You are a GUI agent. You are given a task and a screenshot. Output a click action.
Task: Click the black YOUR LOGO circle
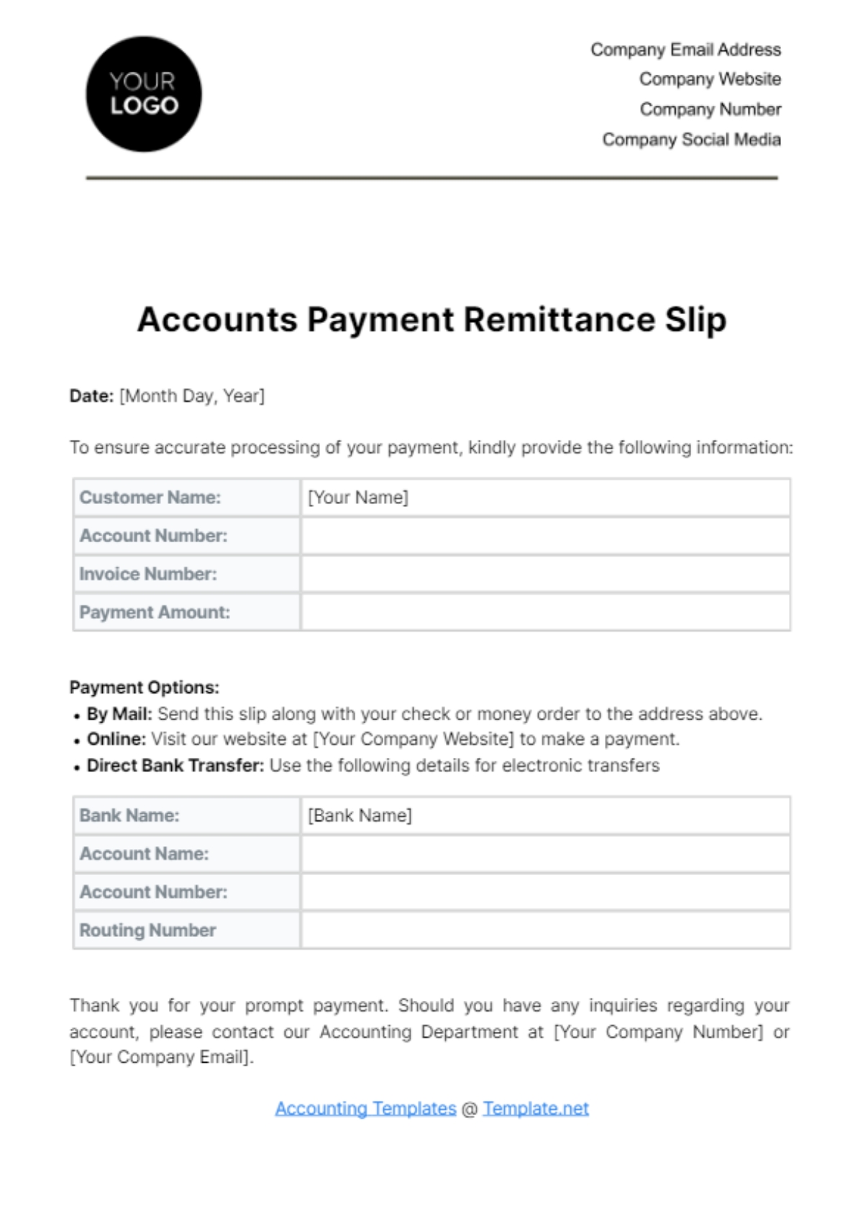point(144,94)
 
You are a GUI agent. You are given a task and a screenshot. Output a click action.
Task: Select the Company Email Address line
point(685,50)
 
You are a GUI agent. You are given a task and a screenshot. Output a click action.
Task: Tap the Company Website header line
point(710,79)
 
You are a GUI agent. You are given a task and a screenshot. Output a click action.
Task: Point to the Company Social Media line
point(691,139)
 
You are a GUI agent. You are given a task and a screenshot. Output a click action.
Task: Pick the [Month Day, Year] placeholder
point(192,396)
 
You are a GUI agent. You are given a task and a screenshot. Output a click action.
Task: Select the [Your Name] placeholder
point(358,498)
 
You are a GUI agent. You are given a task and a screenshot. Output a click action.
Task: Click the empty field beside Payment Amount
point(545,613)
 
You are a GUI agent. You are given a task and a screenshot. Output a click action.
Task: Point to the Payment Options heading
point(145,687)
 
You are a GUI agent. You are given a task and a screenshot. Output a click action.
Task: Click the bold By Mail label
point(119,714)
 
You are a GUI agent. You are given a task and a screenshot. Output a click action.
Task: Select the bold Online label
point(117,739)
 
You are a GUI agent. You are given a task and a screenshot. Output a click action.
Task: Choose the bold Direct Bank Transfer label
point(175,766)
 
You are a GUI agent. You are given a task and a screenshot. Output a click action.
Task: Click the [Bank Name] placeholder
point(360,815)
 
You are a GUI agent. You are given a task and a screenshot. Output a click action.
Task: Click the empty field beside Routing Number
point(545,930)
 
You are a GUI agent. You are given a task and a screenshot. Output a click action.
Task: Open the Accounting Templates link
point(365,1109)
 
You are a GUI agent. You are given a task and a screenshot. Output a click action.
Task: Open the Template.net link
point(536,1109)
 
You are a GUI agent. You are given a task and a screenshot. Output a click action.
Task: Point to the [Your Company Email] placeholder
point(161,1058)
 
